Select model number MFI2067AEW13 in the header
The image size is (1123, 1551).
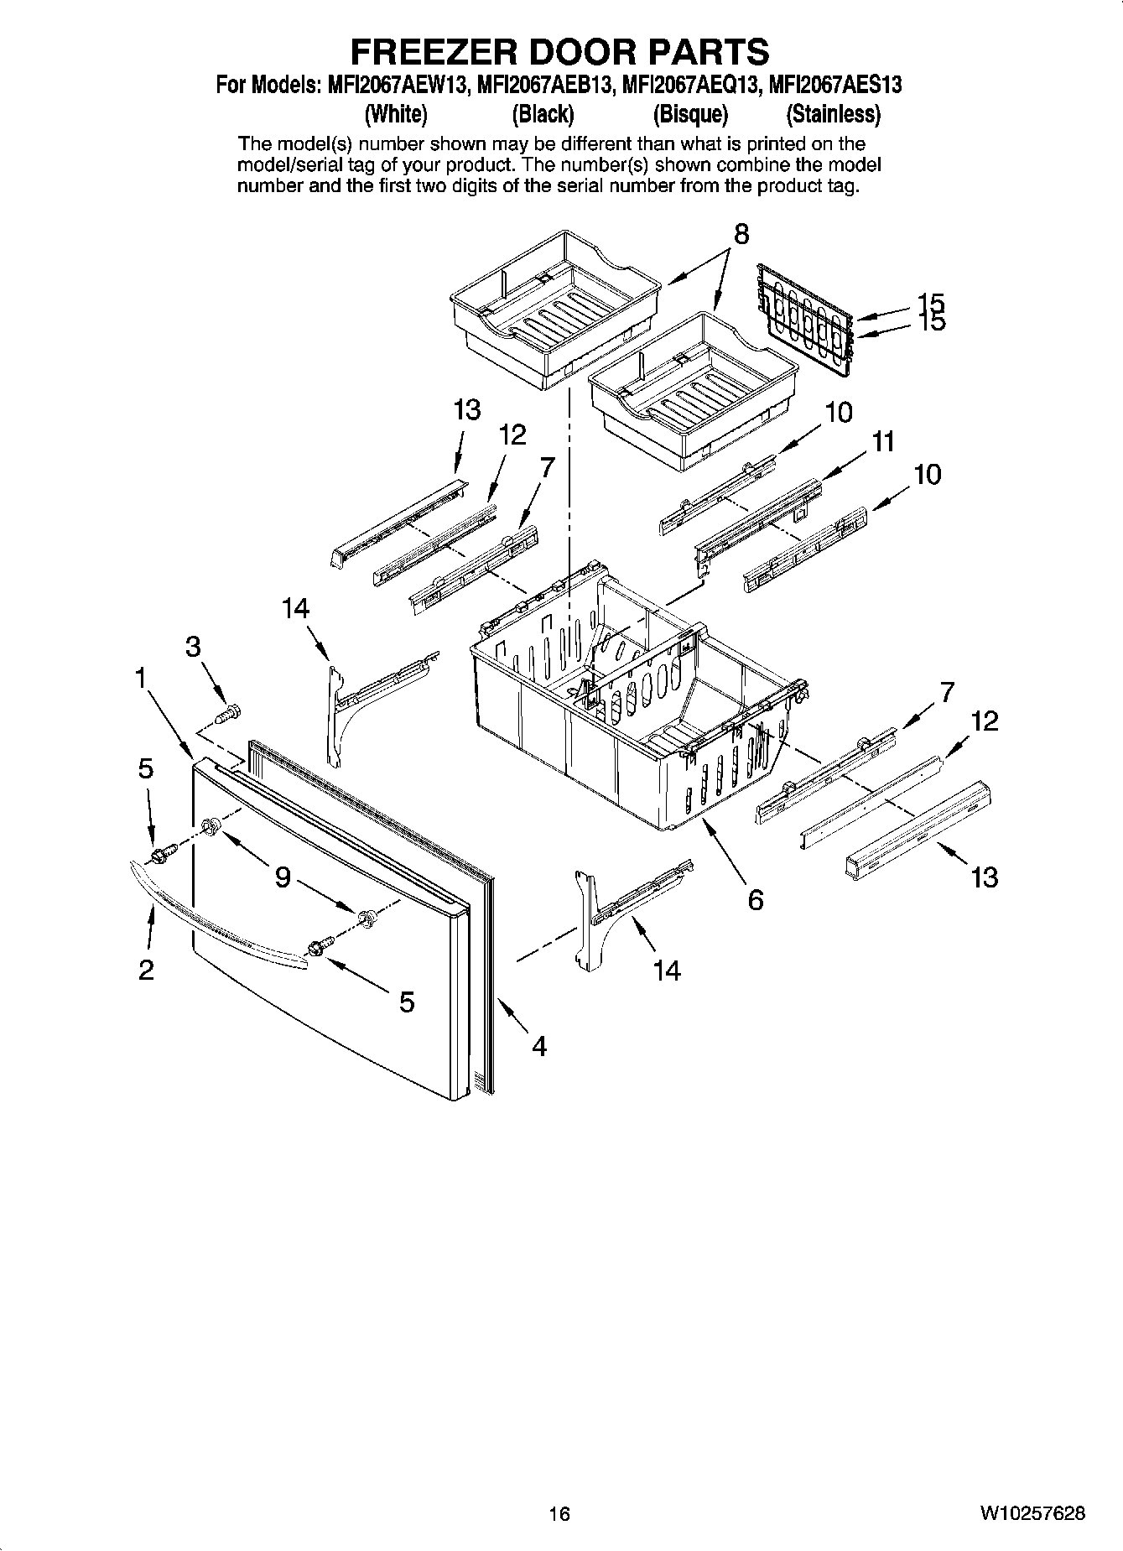[x=393, y=85]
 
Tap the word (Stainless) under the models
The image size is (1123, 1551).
[x=833, y=113]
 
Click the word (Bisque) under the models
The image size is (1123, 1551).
[x=690, y=113]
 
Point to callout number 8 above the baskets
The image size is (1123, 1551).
[x=741, y=235]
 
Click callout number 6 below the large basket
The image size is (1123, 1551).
[x=755, y=900]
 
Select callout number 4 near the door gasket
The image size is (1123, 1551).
[x=538, y=1045]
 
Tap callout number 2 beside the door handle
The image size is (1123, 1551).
[x=146, y=971]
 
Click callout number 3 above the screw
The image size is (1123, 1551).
[x=193, y=646]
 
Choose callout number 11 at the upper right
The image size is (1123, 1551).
[x=882, y=441]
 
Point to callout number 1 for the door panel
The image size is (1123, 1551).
[x=143, y=676]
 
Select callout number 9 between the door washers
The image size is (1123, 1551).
[x=283, y=877]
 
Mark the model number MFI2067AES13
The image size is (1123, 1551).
[x=834, y=85]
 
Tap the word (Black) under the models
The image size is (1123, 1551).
[x=543, y=113]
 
